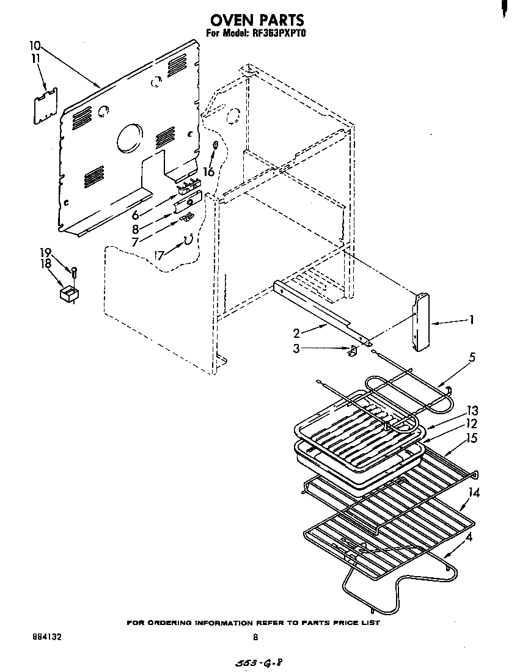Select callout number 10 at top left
tap(35, 46)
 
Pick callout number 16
tap(209, 172)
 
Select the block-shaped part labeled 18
tap(69, 295)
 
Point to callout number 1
tap(471, 319)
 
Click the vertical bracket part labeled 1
tap(420, 323)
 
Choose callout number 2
tap(296, 333)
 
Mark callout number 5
tap(471, 357)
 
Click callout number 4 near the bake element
tap(469, 538)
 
